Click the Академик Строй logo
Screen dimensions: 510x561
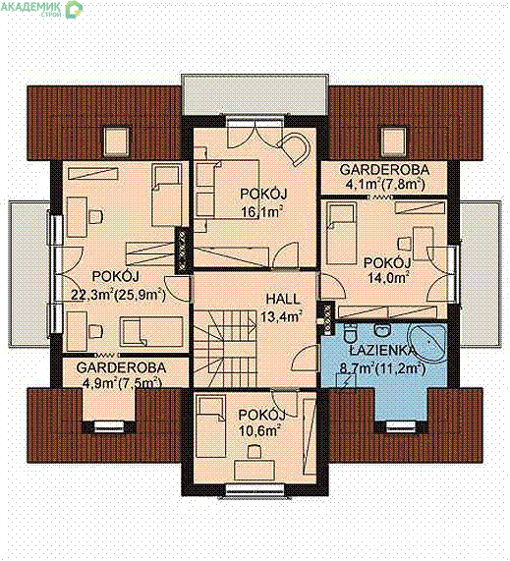pos(41,9)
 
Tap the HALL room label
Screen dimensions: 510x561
pos(283,299)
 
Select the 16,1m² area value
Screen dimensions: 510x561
pos(259,212)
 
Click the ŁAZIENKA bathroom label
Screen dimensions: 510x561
pos(383,351)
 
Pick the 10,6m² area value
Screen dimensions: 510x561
pos(258,430)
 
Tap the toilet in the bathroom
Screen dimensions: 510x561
pos(350,334)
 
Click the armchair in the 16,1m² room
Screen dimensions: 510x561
pos(294,148)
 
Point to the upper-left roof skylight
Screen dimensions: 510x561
pos(116,141)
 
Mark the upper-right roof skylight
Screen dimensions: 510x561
pos(393,141)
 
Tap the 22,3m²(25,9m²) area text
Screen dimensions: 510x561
pos(119,295)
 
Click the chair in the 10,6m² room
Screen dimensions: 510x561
pos(255,452)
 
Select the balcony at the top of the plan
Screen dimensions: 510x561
pos(255,95)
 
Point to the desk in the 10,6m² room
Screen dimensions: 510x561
pos(255,471)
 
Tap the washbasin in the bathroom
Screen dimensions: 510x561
pos(382,330)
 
